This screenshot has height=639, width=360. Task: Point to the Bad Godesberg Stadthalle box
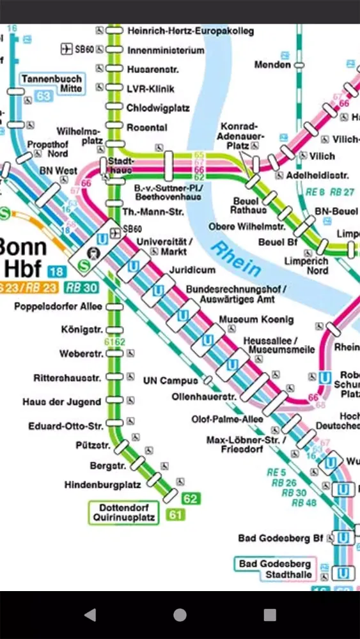click(x=276, y=569)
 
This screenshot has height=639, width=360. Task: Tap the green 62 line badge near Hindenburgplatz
click(x=191, y=498)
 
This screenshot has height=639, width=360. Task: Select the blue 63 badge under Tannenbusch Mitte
click(x=43, y=96)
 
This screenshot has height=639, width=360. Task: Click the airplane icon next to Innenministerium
click(x=65, y=50)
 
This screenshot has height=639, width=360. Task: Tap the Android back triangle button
click(x=90, y=615)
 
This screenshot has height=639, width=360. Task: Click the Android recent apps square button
click(x=270, y=615)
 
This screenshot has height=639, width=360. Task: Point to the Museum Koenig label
click(x=256, y=319)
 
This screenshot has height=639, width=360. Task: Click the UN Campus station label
click(x=170, y=381)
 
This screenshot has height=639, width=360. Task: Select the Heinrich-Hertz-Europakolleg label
click(x=190, y=31)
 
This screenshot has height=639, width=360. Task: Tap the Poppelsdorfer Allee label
click(x=58, y=307)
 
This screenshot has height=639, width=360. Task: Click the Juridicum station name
click(x=192, y=270)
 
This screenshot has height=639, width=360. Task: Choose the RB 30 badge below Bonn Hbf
click(x=81, y=288)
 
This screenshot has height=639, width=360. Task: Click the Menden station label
click(x=272, y=65)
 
